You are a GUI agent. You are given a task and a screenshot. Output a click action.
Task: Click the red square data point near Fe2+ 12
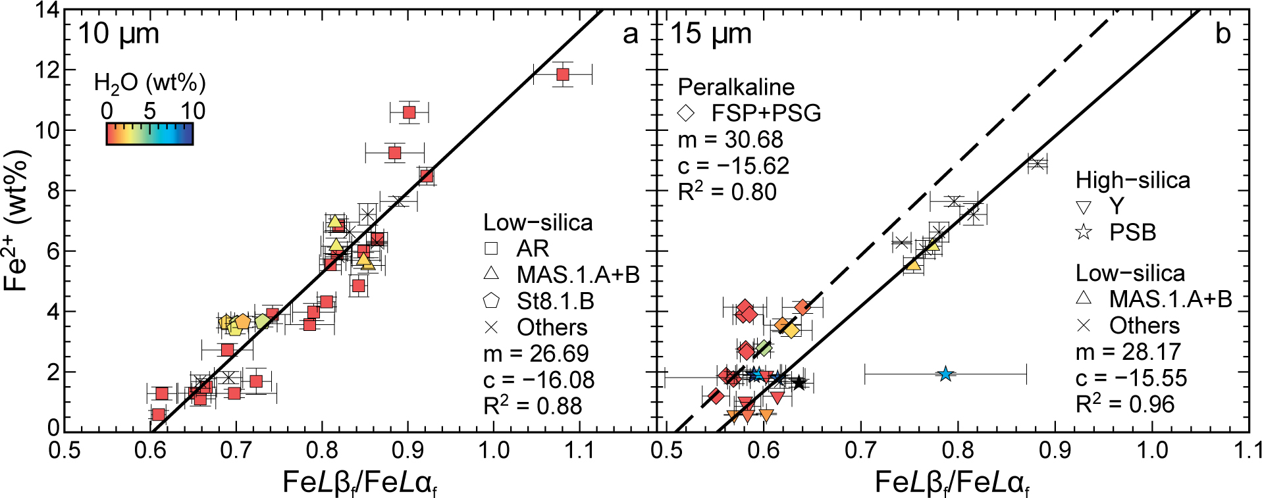coord(562,74)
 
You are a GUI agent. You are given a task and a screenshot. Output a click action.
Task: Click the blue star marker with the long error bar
coord(945,374)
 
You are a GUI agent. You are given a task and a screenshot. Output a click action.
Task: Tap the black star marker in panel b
coord(799,382)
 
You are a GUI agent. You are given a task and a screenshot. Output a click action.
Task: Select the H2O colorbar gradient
coord(149,134)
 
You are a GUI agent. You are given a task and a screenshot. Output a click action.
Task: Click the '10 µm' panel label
coord(118,34)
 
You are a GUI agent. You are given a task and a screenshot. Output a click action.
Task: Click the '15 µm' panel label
coord(710,34)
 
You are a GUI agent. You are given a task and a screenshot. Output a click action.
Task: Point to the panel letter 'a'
coord(630,34)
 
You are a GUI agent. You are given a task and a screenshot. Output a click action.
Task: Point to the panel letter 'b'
coord(1223,34)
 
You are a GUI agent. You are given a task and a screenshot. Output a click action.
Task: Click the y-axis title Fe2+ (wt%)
coord(18,220)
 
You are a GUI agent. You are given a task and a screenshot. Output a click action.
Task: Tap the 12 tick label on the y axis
coord(47,70)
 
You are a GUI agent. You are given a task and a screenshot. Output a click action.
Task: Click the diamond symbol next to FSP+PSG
coord(686,113)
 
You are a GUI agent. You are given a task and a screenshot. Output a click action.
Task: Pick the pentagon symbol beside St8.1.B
coord(491,301)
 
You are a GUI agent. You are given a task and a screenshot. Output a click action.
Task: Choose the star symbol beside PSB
coord(1083,232)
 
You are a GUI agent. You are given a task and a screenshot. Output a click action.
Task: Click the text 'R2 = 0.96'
coord(1124,404)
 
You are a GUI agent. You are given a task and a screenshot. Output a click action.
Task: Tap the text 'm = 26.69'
coord(536,354)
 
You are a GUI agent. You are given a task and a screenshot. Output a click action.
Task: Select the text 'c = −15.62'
coord(733,166)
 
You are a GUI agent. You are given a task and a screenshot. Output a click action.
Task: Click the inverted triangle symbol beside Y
coord(1083,207)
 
